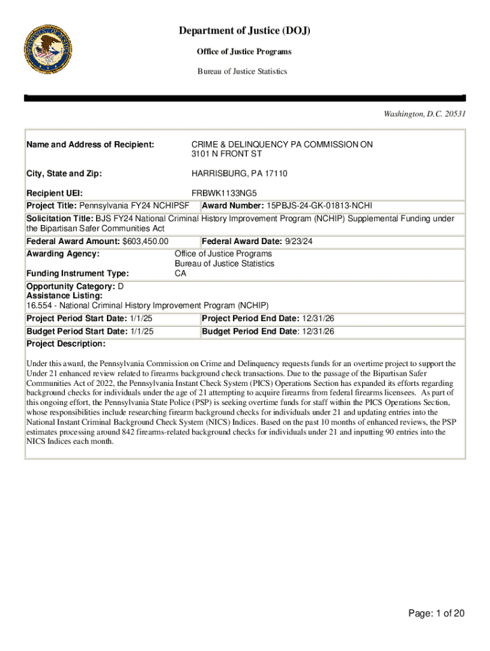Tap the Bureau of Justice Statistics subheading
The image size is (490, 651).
coord(242,71)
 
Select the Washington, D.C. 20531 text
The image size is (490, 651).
coord(424,114)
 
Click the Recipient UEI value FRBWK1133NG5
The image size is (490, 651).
coord(225,193)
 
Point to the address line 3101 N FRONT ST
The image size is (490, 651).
coord(227,154)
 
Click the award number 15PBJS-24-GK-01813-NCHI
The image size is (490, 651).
coord(319,205)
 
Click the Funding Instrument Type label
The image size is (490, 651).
coord(77,273)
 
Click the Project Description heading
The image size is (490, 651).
coord(66,344)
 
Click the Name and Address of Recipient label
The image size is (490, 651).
coord(90,145)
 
